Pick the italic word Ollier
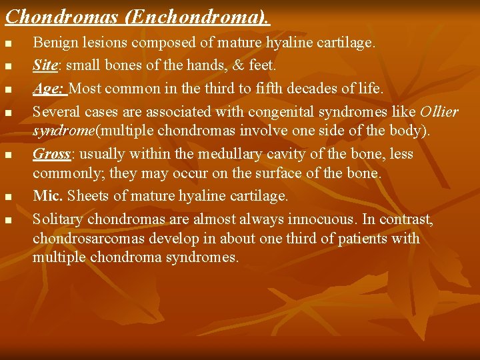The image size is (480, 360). point(439,111)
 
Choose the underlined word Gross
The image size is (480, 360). point(51,154)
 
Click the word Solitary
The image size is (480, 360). point(58,219)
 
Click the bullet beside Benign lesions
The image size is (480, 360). point(8,44)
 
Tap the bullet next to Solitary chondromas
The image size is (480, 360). point(8,219)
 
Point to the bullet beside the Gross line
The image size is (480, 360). point(8,155)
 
